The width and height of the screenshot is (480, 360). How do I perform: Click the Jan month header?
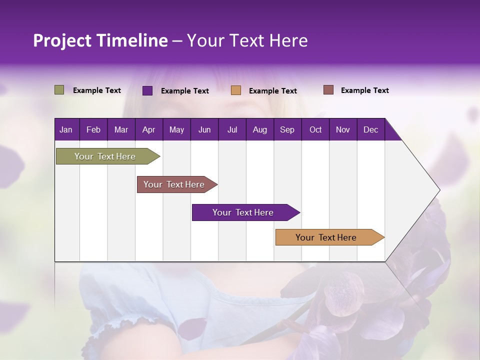point(66,129)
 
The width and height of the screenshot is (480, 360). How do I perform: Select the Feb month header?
point(93,129)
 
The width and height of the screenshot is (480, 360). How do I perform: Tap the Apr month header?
point(148,129)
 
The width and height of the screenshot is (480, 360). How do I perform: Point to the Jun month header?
point(204,129)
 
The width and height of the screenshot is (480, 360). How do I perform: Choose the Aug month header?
point(259,129)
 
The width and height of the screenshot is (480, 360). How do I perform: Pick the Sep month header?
point(287,129)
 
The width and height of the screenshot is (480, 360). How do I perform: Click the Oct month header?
point(315,129)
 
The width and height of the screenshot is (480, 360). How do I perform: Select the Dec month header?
point(370,129)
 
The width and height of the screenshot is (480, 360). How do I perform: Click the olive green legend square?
point(59,90)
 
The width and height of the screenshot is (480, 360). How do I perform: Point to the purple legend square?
point(147,90)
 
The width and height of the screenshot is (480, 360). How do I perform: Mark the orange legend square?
point(236,90)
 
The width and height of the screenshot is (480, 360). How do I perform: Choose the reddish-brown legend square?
point(328,90)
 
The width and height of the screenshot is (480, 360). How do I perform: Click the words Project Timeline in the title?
point(100,40)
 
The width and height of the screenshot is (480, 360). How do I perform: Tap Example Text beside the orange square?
point(272,90)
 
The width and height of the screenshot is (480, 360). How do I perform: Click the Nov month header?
point(343,129)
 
